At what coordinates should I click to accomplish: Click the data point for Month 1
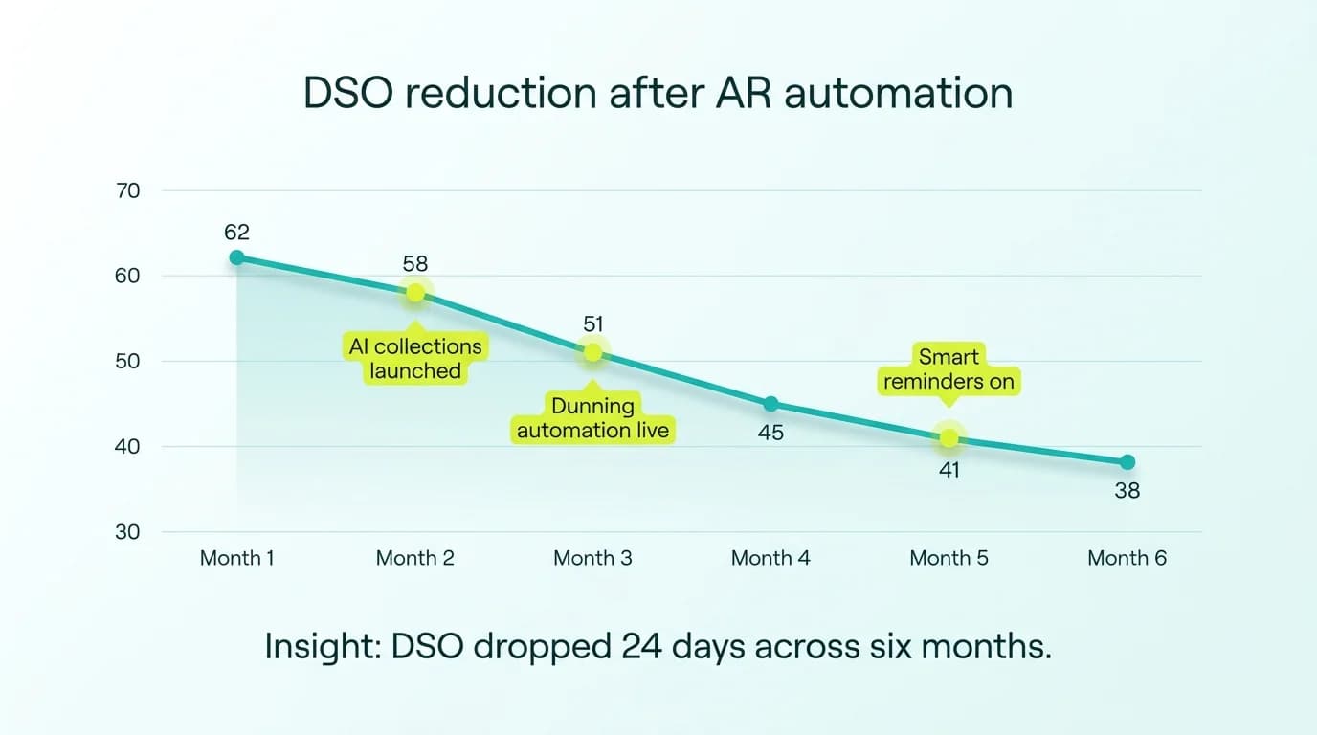(x=236, y=257)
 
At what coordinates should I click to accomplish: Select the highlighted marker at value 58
(x=414, y=293)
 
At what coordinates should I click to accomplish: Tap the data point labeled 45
(x=770, y=404)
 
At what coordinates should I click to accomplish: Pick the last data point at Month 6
(x=1127, y=462)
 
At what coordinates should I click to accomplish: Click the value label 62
(x=236, y=232)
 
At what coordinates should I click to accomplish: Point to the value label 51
(x=592, y=324)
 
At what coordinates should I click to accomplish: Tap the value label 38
(x=1127, y=491)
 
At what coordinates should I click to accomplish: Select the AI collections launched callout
(x=415, y=358)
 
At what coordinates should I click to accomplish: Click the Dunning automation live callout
(x=592, y=418)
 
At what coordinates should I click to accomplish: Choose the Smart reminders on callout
(x=949, y=369)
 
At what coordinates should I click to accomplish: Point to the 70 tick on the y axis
(x=127, y=190)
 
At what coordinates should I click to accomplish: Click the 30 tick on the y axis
(x=127, y=532)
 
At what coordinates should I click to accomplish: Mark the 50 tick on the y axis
(x=127, y=362)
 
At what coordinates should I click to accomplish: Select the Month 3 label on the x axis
(x=592, y=558)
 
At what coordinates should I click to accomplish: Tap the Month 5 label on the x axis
(x=949, y=558)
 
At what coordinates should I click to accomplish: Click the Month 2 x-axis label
(x=414, y=558)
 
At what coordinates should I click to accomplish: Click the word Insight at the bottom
(x=322, y=647)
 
